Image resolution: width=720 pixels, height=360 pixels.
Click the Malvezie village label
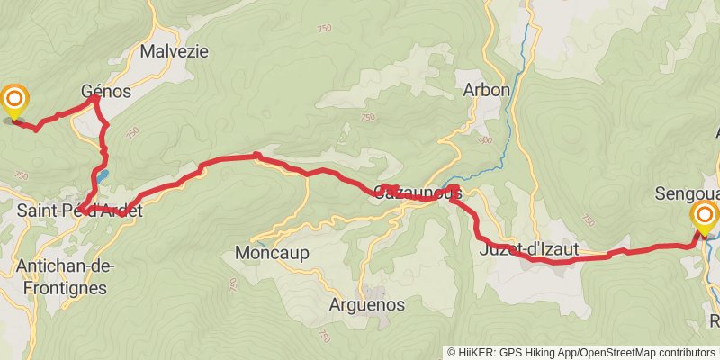pos(174,51)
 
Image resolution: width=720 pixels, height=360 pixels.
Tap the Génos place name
pos(106,92)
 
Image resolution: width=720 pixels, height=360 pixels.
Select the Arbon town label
pos(487,90)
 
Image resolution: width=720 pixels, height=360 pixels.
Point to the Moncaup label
pos(271,252)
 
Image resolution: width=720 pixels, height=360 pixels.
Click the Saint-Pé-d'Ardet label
pos(79,211)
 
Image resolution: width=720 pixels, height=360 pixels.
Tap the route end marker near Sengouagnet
pos(704,217)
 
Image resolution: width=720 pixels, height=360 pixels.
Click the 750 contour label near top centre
pos(323,30)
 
